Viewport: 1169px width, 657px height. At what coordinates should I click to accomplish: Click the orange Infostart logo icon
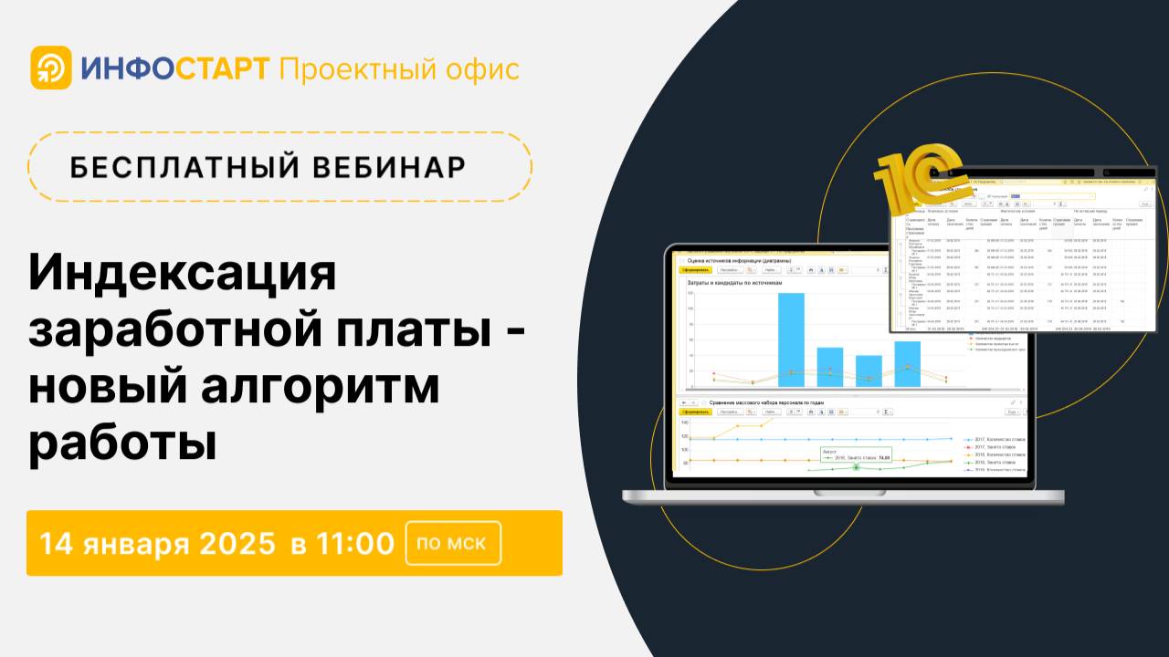(50, 68)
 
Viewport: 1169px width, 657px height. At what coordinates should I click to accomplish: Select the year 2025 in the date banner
(237, 543)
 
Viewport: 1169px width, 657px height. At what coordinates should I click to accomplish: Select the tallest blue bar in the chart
(791, 339)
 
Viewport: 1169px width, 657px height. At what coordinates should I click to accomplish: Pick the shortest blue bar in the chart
(868, 369)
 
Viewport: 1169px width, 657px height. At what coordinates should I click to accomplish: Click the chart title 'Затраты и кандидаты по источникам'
(735, 283)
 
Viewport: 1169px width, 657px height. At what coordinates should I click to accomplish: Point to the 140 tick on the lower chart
(684, 422)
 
